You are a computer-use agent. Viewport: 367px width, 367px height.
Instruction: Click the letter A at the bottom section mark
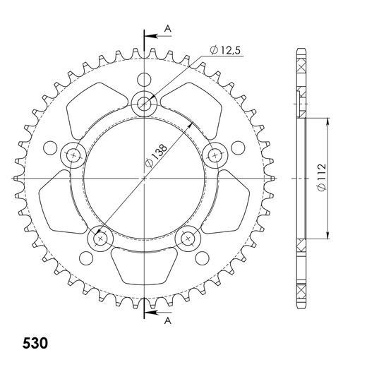168,320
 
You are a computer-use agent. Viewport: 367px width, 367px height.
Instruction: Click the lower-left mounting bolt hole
100,239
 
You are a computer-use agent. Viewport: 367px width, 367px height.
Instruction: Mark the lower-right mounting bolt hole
188,239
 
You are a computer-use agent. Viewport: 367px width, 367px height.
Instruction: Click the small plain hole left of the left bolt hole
49,148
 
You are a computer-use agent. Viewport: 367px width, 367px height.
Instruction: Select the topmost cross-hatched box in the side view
303,67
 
